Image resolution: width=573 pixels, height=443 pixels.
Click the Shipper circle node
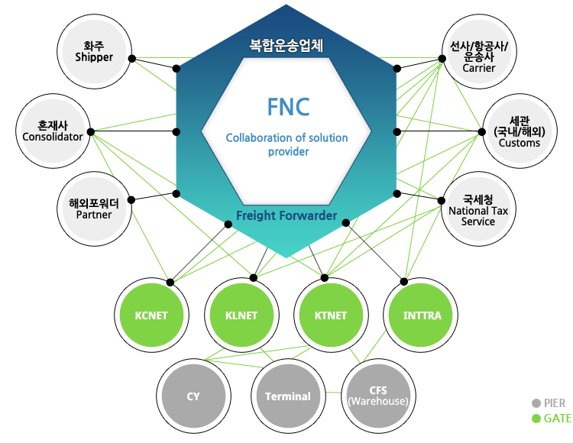95,51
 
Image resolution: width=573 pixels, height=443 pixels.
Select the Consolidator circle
52,130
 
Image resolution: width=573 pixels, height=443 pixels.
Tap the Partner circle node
95,209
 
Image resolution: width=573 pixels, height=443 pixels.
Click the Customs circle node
519,131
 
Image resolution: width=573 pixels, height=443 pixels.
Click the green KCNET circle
151,315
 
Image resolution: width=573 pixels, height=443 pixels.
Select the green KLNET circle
241,315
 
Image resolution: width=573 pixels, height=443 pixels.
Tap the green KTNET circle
330,315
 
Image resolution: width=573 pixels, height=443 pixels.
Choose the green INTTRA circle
421,315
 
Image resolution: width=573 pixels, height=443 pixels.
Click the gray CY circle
193,396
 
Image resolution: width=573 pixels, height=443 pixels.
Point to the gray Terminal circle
287,396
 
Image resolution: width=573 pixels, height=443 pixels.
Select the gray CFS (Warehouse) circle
377,396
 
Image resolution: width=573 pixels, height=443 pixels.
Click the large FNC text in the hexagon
288,107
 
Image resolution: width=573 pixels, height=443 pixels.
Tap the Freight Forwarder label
286,216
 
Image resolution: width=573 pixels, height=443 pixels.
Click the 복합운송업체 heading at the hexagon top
287,44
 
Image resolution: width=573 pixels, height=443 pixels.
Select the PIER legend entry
551,403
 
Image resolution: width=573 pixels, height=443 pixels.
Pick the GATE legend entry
551,419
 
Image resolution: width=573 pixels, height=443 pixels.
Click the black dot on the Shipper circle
131,59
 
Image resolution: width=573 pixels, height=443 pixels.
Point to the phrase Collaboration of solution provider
286,145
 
